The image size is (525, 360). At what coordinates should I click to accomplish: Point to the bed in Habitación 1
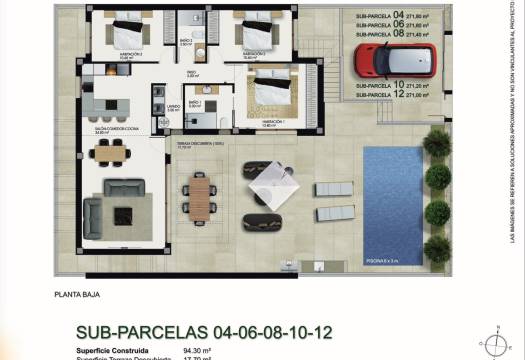[271, 94]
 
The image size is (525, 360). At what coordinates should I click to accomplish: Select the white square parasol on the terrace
[267, 184]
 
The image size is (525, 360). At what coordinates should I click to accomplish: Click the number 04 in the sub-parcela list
[401, 16]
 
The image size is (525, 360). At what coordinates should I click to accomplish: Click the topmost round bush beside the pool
[437, 143]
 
